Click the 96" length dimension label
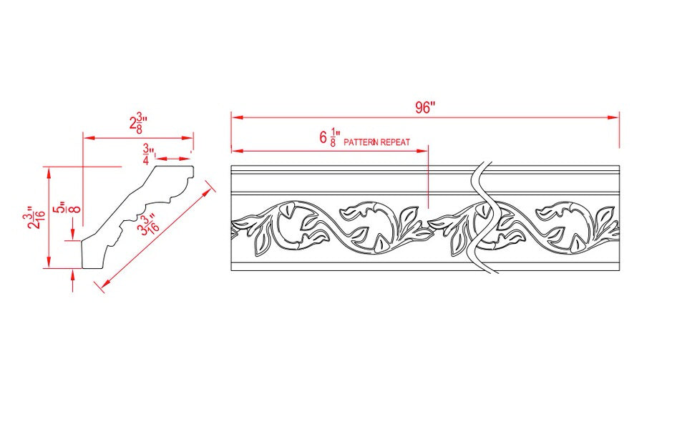click(x=424, y=107)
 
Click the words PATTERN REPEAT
click(x=377, y=142)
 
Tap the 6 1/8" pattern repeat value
click(x=330, y=138)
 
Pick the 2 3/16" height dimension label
click(x=32, y=218)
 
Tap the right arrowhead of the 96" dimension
click(x=615, y=118)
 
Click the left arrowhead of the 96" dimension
click(x=235, y=118)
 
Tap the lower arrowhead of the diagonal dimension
click(x=103, y=286)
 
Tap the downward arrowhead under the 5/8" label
click(x=74, y=236)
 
